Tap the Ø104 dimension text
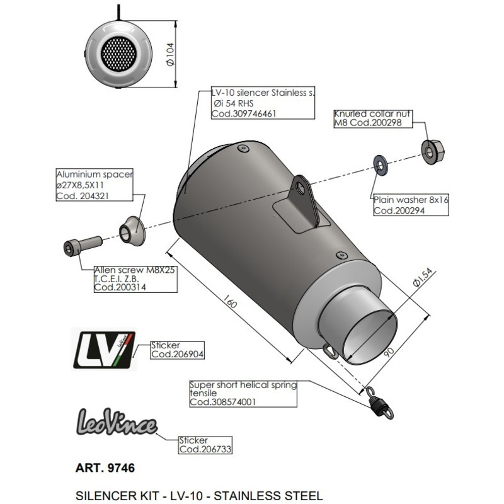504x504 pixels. coord(169,55)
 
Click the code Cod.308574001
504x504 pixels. coord(223,402)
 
